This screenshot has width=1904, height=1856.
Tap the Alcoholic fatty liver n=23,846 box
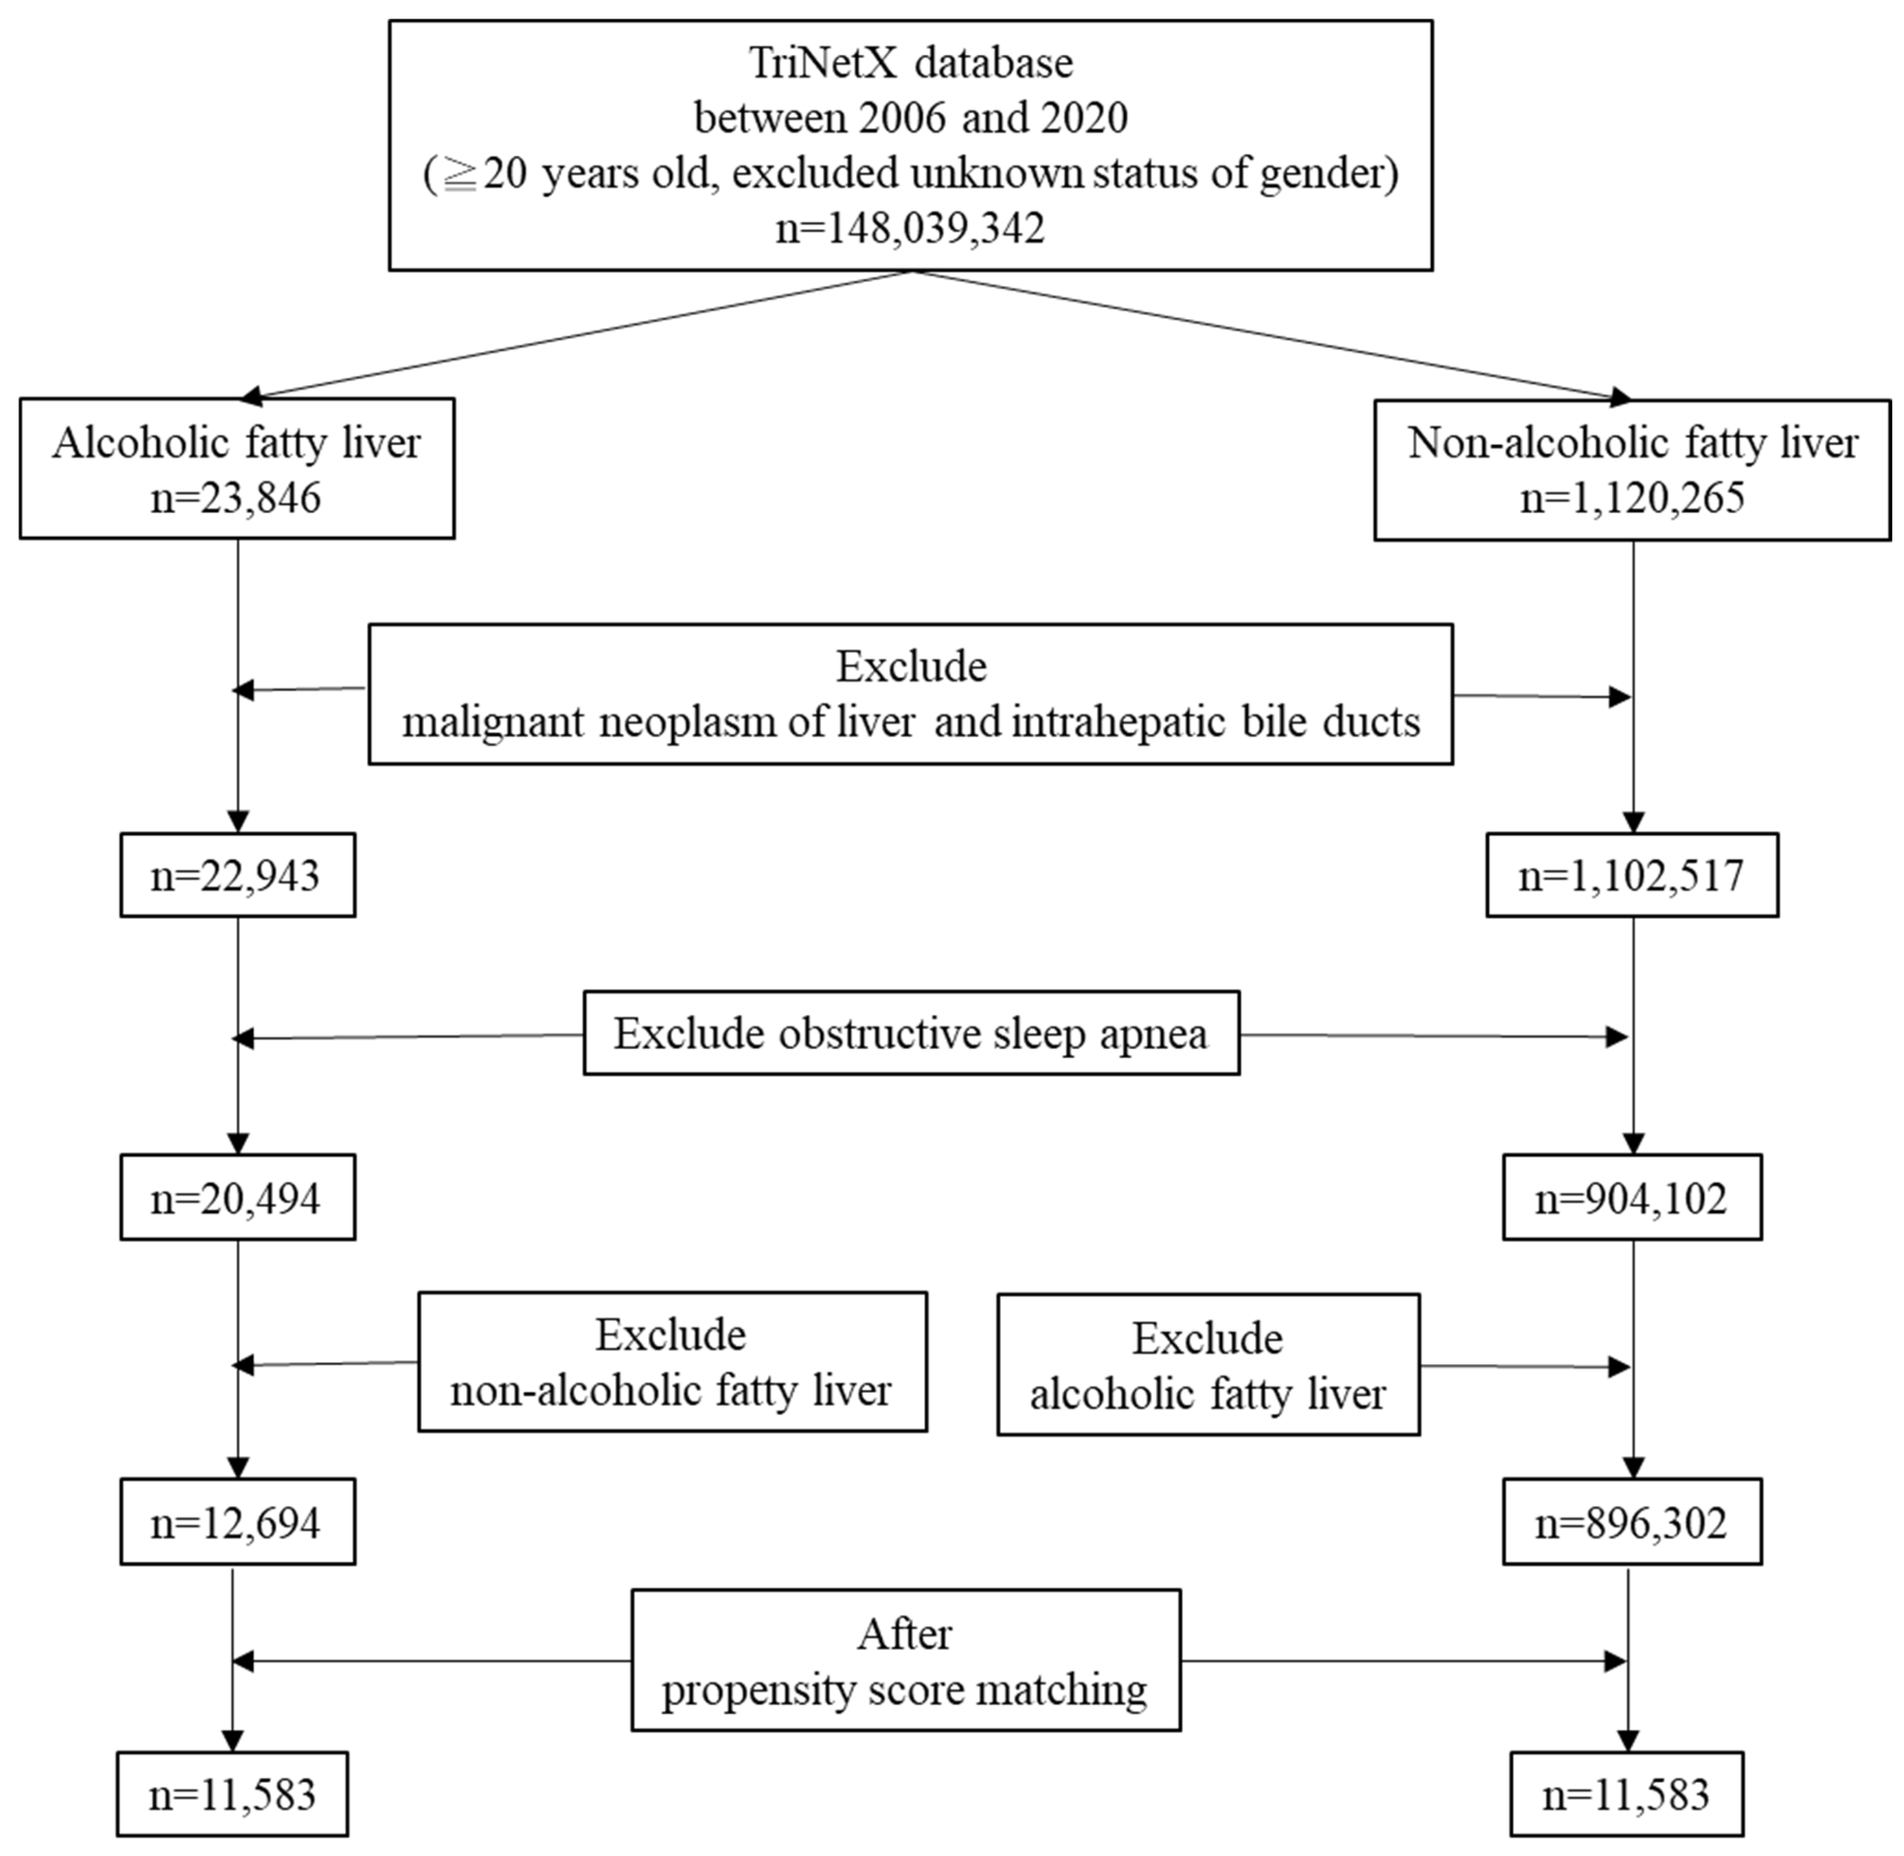[x=237, y=469]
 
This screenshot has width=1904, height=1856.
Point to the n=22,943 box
[x=237, y=875]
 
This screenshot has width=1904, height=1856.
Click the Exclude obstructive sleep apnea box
[x=911, y=1034]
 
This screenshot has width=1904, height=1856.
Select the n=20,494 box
[x=237, y=1198]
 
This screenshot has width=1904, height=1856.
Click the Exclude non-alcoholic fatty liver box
[x=671, y=1363]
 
